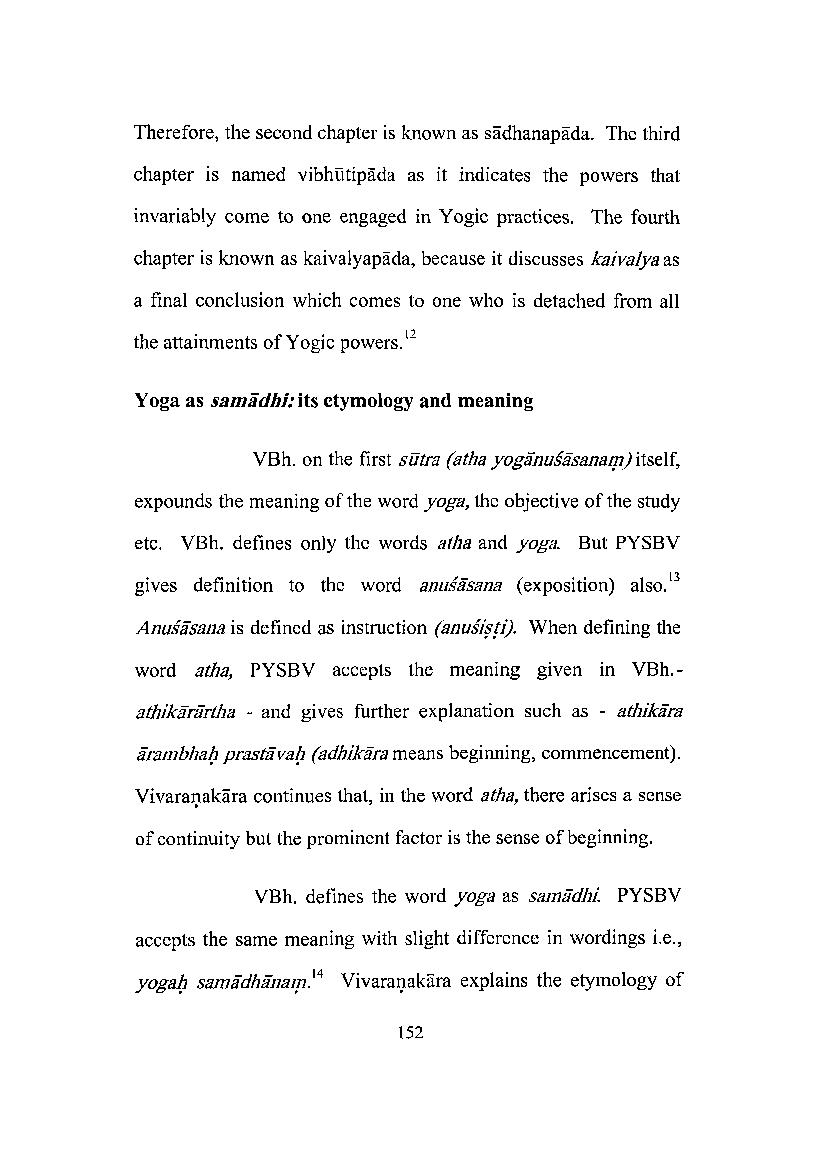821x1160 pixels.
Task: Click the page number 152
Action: [x=410, y=1032]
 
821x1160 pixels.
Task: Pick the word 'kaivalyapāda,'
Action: [x=359, y=259]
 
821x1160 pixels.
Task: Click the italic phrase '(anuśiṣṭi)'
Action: [x=475, y=628]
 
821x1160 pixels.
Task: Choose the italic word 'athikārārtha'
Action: [x=186, y=712]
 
